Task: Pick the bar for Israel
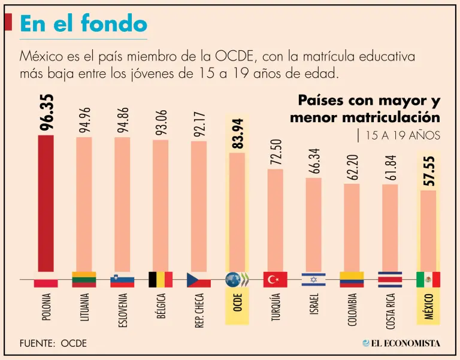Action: coord(313,225)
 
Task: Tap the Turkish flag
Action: coord(275,279)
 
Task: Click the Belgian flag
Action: coord(161,279)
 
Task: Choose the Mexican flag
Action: coord(428,279)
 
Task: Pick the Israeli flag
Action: coord(313,279)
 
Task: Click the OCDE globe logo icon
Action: coord(237,279)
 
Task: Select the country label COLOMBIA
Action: coord(352,309)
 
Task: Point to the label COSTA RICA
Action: coord(390,309)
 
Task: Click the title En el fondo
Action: coord(83,23)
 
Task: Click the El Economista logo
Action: coord(401,343)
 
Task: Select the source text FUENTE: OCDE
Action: coord(53,343)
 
